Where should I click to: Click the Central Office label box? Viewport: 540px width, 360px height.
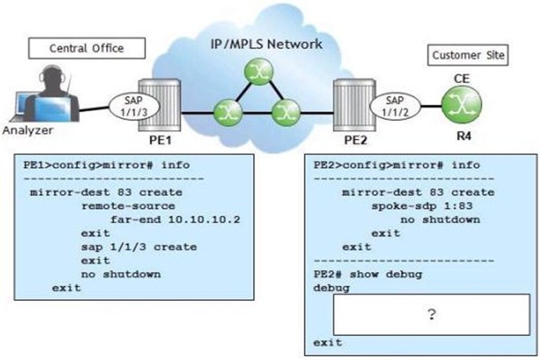[86, 49]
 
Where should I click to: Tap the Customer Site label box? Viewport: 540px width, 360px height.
[468, 55]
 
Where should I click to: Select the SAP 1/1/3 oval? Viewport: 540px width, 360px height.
[134, 106]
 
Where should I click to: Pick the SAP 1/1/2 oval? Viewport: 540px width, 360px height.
[394, 106]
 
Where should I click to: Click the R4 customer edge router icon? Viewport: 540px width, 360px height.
[461, 105]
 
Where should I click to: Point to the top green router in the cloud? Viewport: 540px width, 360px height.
[259, 71]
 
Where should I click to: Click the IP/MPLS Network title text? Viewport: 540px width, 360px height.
[266, 44]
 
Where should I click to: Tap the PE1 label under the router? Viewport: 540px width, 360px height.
[160, 140]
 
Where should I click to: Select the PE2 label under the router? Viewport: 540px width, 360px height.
[356, 140]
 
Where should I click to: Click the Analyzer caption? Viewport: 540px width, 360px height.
[27, 130]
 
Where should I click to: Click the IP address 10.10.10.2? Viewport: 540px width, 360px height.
[204, 219]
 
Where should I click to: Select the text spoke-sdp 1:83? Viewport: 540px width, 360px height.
[422, 206]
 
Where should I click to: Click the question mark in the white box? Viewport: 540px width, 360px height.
[432, 314]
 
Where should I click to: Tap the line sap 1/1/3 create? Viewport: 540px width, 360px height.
[139, 247]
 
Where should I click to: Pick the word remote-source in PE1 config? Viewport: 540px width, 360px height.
[128, 206]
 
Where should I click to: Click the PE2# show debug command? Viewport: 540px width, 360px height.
[368, 274]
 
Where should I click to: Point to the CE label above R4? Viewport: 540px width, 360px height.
[461, 79]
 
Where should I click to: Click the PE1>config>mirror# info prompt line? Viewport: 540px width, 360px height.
[106, 165]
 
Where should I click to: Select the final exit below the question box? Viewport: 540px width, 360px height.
[328, 342]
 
